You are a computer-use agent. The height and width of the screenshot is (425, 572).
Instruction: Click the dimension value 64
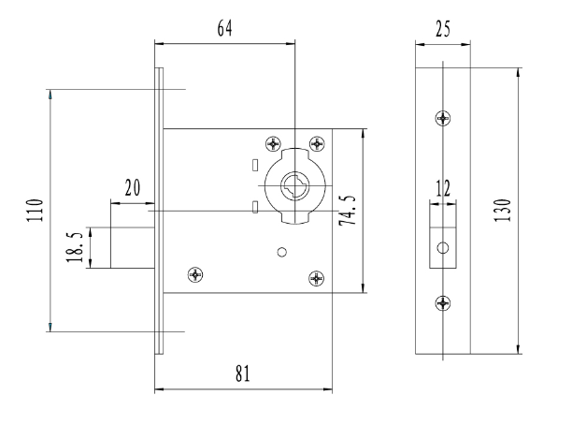point(224,28)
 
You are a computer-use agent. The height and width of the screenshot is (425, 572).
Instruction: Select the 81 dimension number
point(243,374)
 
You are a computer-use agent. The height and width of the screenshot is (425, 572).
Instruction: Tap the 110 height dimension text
point(35,210)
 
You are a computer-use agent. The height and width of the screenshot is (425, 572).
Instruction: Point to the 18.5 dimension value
point(75,246)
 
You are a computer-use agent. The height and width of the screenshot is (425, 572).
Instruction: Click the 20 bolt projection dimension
point(133,188)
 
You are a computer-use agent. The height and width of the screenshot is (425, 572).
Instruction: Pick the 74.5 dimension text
point(348,210)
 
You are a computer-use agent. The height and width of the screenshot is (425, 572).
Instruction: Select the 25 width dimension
point(443,29)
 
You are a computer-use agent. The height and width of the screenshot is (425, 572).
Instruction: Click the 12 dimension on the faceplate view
point(443,188)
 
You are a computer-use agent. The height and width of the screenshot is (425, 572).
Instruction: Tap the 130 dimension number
point(502,210)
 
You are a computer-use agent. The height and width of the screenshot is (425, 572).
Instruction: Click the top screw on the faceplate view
point(443,118)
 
